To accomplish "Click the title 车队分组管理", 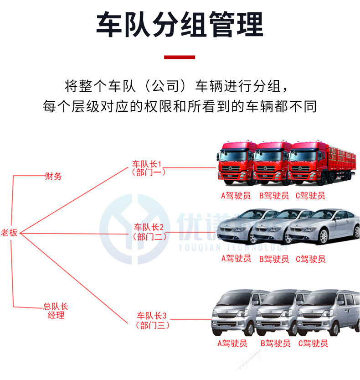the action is [180, 25].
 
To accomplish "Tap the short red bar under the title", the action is [180, 57].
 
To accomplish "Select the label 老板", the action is [9, 233].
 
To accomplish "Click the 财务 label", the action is [53, 176].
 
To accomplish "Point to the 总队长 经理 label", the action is [56, 311].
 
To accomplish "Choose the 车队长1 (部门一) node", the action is [147, 168].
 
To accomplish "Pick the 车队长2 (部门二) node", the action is [149, 232].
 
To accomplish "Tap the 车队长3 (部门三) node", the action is [153, 320].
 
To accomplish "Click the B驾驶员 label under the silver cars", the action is [274, 259].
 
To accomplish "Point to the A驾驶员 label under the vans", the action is [232, 343].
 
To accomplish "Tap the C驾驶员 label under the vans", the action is [313, 343].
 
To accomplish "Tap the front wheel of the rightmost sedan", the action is [323, 236].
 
